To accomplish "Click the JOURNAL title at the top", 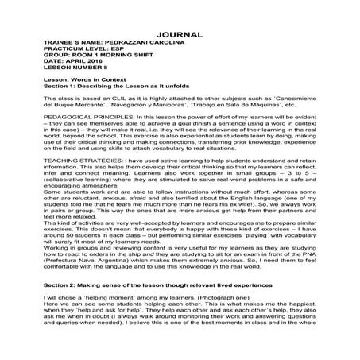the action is click(180, 36).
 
